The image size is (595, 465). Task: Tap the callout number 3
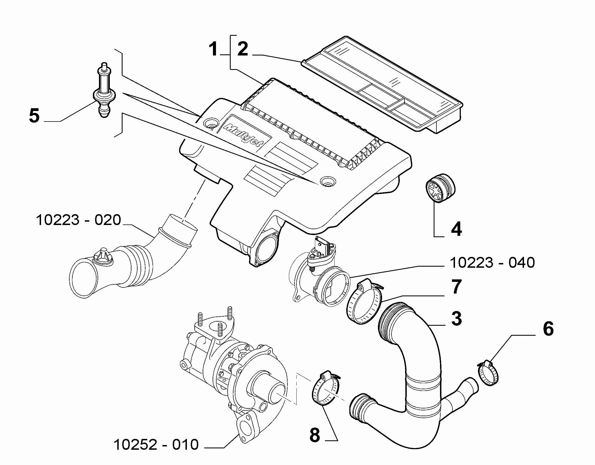pyautogui.click(x=456, y=319)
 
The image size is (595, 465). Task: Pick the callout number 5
pyautogui.click(x=34, y=116)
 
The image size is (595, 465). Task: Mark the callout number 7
pyautogui.click(x=456, y=287)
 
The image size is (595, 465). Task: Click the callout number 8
pyautogui.click(x=315, y=435)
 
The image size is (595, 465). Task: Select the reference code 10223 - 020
pyautogui.click(x=78, y=220)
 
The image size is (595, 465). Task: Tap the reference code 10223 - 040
pyautogui.click(x=492, y=262)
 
